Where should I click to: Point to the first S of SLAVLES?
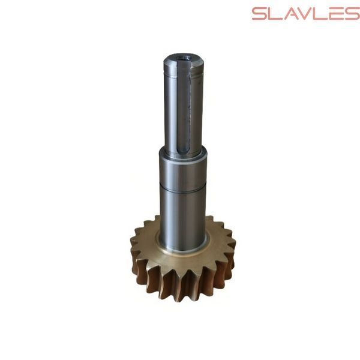tap(260, 14)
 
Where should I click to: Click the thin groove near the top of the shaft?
tap(183, 74)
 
